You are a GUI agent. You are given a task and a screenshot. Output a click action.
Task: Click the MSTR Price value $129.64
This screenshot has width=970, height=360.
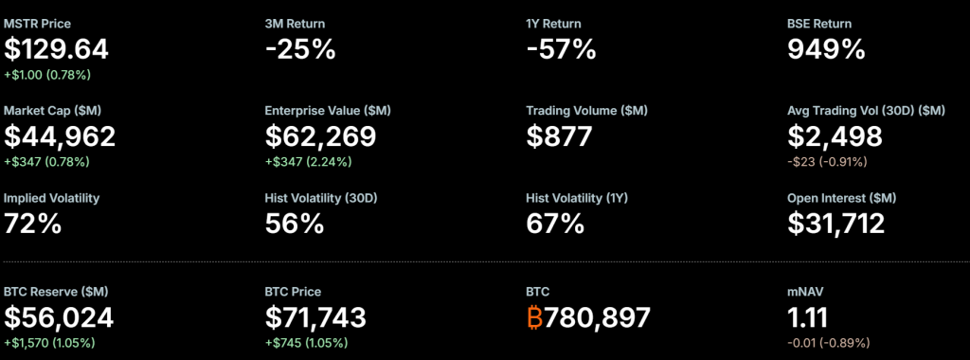tap(57, 49)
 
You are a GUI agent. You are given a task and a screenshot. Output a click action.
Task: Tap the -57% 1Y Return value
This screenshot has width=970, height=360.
tap(561, 49)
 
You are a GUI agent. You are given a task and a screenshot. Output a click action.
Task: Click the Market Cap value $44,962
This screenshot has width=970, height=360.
tap(60, 136)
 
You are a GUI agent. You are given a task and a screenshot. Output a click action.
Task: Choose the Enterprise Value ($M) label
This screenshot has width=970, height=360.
tap(328, 111)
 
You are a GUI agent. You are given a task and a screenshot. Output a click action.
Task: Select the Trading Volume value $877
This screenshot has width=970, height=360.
tap(559, 136)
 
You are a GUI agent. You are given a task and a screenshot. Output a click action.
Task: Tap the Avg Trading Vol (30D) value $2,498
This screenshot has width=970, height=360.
tap(835, 136)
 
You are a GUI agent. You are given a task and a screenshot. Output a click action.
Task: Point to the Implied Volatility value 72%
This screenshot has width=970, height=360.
tap(33, 224)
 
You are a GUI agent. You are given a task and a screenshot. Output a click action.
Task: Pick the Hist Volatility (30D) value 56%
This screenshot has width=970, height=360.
tap(295, 224)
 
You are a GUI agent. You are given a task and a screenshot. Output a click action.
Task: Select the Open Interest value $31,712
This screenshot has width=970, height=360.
tap(836, 224)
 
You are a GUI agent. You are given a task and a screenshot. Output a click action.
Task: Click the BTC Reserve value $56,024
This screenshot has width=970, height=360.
tap(60, 316)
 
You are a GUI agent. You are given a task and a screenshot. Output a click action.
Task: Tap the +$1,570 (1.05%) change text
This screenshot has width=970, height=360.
tap(49, 342)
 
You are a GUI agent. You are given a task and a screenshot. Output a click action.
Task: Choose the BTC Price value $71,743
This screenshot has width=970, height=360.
tap(315, 316)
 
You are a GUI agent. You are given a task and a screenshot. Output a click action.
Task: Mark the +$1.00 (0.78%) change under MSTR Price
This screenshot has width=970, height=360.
tap(47, 74)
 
